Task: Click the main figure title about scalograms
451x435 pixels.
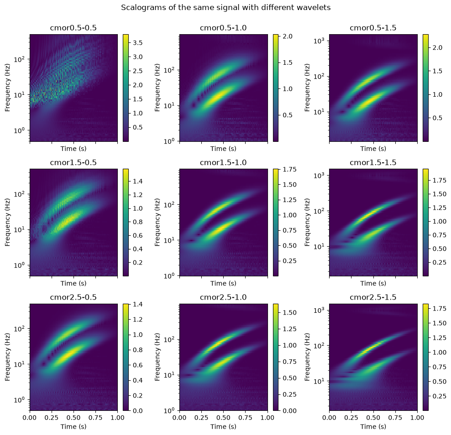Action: tap(225, 7)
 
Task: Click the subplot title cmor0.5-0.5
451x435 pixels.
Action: tap(73, 28)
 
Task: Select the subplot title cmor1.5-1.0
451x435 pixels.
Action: tap(223, 163)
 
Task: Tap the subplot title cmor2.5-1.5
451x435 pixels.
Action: tap(373, 297)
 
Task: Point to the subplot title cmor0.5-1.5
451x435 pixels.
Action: tap(373, 28)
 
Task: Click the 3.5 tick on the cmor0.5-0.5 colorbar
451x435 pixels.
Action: tap(137, 43)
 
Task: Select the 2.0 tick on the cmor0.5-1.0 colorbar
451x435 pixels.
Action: tap(287, 36)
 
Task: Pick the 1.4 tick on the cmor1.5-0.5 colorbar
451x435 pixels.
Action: tap(137, 181)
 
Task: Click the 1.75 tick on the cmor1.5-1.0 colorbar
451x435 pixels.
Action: tap(289, 170)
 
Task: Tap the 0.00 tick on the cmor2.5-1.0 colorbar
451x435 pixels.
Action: tap(289, 411)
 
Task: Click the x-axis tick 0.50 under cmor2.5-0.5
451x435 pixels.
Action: tap(73, 418)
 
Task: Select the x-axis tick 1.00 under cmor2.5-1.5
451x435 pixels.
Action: tap(417, 418)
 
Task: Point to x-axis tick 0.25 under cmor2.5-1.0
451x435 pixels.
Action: tap(202, 418)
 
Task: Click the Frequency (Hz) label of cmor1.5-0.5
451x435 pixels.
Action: tap(7, 222)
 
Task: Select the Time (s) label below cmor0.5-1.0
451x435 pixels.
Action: tap(223, 149)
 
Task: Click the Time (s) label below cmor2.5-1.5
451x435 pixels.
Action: tap(373, 427)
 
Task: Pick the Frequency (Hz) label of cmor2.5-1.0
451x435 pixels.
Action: tap(157, 357)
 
